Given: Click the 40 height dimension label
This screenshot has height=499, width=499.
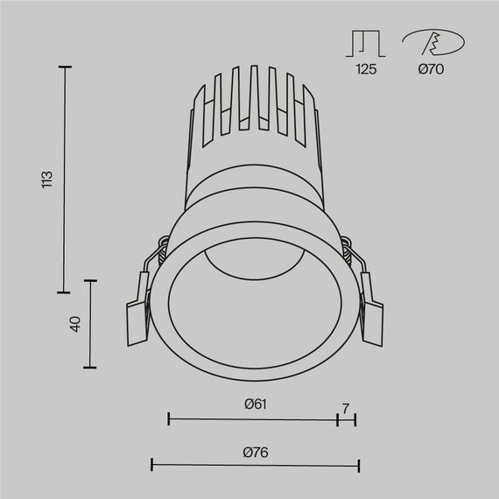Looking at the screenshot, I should [x=75, y=324].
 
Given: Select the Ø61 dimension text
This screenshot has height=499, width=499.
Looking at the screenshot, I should [x=255, y=404].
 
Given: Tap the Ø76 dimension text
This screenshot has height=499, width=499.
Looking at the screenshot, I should [x=255, y=452].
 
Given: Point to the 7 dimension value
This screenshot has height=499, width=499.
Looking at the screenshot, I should [x=346, y=408].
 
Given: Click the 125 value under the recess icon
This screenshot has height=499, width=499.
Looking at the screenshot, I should [x=366, y=69].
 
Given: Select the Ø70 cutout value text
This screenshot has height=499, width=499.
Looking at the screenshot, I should [x=430, y=69].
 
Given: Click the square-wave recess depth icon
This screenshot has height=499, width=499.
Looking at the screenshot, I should [x=366, y=44].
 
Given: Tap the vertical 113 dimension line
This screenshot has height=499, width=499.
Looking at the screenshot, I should [x=63, y=179].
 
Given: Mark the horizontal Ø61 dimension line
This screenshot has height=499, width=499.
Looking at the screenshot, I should [x=252, y=419].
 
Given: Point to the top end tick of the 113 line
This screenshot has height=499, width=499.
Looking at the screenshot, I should [x=63, y=67].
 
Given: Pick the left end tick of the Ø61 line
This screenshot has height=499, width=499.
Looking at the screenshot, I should [x=168, y=419].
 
